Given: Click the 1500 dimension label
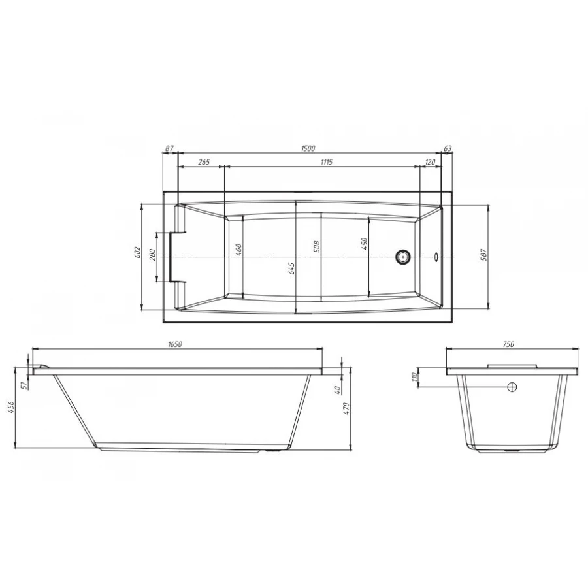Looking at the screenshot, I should coord(309,149).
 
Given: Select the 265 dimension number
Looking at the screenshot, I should coord(203,162).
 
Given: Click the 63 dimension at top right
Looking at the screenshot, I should coord(448,149).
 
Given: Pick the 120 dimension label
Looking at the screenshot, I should coord(431,162).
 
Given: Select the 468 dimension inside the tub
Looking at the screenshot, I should coord(239,250).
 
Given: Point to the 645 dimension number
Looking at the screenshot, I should coord(292,269).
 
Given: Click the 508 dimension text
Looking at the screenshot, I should coord(316,247).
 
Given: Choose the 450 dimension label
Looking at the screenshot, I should coord(365,244).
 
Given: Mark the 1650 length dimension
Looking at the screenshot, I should coord(174,344).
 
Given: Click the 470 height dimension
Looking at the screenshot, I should coord(347,408).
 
